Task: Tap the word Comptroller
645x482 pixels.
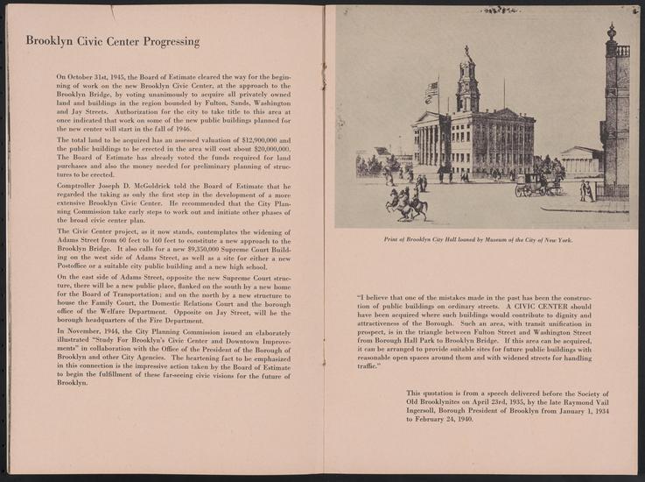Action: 79,183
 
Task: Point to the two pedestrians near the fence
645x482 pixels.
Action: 584,190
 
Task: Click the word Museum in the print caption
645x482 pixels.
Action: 495,238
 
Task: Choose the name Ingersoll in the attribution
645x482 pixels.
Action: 427,410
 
